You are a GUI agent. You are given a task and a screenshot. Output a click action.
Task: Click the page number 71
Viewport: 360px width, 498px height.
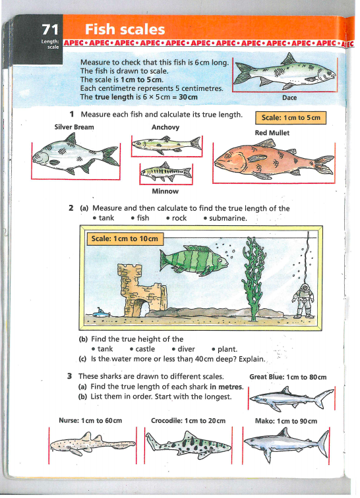click(x=50, y=30)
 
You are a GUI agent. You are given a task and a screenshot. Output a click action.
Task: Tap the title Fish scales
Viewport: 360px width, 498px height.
click(x=125, y=30)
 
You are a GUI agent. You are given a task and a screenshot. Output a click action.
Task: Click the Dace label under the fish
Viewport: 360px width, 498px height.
click(x=289, y=97)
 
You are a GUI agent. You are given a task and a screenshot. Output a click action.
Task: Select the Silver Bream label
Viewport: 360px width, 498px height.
click(x=74, y=127)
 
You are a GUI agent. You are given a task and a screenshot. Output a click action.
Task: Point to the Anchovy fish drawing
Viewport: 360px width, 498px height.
click(x=167, y=144)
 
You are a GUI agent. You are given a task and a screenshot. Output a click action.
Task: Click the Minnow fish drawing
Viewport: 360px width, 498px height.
click(x=166, y=172)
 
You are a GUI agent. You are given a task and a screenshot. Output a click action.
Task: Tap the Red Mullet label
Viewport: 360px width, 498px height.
click(x=272, y=133)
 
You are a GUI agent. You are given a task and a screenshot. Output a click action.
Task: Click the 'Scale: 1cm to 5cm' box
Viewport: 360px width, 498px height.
click(x=291, y=118)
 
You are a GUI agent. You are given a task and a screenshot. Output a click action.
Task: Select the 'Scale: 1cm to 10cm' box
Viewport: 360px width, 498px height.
click(x=125, y=239)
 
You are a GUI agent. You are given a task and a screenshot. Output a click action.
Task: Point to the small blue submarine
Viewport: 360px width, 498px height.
click(x=101, y=314)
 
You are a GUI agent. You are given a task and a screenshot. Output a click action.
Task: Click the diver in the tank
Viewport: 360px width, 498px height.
click(x=303, y=300)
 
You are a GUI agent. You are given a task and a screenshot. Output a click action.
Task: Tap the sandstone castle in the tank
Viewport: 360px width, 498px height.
click(x=142, y=290)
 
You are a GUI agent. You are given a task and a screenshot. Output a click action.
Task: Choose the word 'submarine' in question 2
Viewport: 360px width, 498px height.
click(x=227, y=218)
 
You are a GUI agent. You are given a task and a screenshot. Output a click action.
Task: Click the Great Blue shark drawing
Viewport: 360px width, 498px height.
click(x=291, y=399)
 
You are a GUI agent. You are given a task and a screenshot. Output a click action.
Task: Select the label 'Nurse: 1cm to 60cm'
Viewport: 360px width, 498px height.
click(x=90, y=420)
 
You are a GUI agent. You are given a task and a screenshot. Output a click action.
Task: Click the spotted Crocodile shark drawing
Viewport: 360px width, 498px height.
click(x=189, y=445)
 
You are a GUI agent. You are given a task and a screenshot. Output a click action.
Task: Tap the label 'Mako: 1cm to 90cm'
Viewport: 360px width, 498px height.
click(x=286, y=421)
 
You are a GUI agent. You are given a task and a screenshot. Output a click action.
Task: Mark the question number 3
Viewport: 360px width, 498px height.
click(x=70, y=376)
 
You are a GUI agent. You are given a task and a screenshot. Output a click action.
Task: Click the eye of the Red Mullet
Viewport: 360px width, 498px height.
click(x=227, y=156)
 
